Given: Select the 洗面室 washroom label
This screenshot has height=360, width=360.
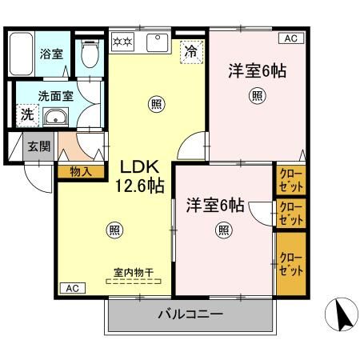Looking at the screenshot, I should click(x=38, y=93).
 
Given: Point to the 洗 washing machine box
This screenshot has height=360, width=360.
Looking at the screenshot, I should click(x=26, y=115).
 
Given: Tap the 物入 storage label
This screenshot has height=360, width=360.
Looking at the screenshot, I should click(x=81, y=170).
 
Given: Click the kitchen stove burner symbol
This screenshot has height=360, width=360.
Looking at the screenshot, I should click(x=122, y=41).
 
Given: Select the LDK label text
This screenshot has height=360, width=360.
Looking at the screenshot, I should click(x=141, y=167).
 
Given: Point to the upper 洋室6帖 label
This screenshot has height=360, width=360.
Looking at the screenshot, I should click(x=258, y=70).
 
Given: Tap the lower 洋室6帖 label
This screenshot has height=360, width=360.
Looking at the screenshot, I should click(x=215, y=204).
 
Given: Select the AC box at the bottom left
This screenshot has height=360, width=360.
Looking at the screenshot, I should click(x=70, y=288).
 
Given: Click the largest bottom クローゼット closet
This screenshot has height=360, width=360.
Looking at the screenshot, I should click(x=291, y=263).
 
